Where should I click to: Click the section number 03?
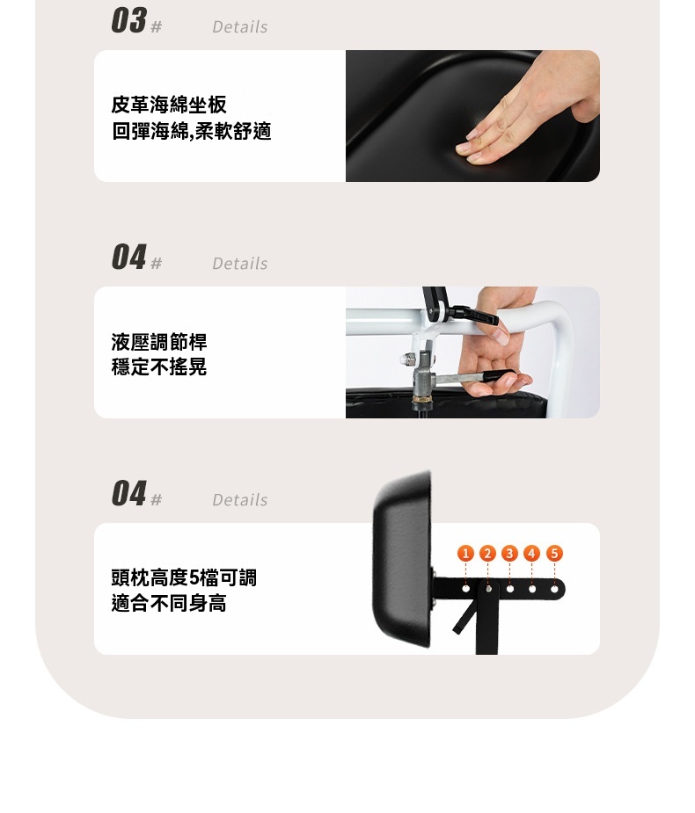pyautogui.click(x=128, y=21)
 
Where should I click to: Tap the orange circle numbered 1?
pyautogui.click(x=465, y=553)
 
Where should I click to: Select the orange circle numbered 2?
pyautogui.click(x=487, y=553)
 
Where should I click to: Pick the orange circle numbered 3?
pyautogui.click(x=509, y=553)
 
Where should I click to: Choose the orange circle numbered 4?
pyautogui.click(x=531, y=553)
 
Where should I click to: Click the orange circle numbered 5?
pyautogui.click(x=554, y=553)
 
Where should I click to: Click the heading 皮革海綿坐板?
pyautogui.click(x=169, y=105)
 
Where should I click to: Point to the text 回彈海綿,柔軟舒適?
pyautogui.click(x=191, y=131)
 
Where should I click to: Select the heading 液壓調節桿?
pyautogui.click(x=159, y=342)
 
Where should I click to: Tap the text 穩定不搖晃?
pyautogui.click(x=159, y=367)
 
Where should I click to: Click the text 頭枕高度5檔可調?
pyautogui.click(x=184, y=577)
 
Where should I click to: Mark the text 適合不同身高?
pyautogui.click(x=169, y=603)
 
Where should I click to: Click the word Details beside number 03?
pyautogui.click(x=240, y=27)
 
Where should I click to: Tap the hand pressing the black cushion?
pyautogui.click(x=524, y=112)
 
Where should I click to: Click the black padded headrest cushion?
pyautogui.click(x=402, y=559)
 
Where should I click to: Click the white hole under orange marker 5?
pyautogui.click(x=554, y=589)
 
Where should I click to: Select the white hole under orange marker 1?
pyautogui.click(x=465, y=589)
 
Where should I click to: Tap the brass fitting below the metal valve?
pyautogui.click(x=421, y=399)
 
